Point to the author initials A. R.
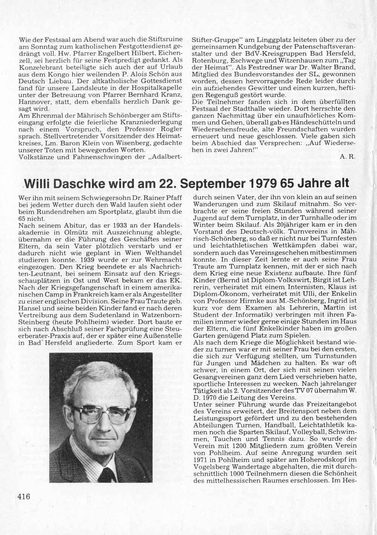pyautogui.click(x=349, y=156)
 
